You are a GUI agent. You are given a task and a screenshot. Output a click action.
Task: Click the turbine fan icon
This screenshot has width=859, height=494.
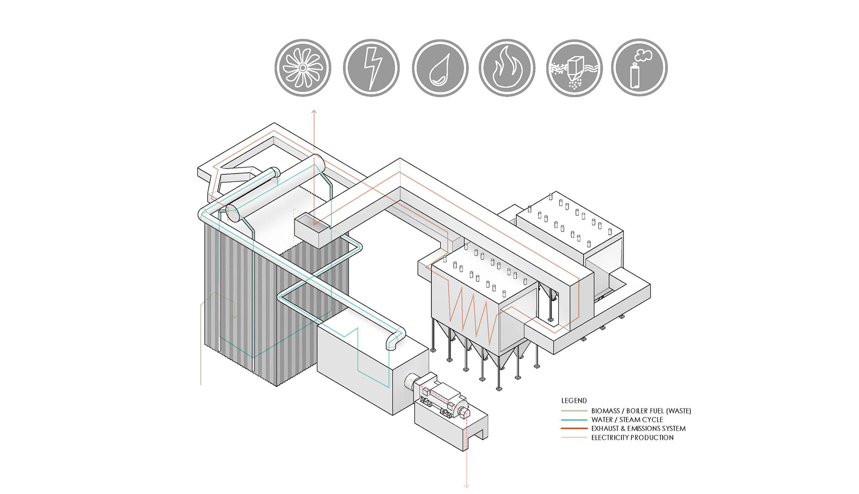coord(303,68)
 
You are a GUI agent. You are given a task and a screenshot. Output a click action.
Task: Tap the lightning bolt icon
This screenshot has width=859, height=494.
coord(371,68)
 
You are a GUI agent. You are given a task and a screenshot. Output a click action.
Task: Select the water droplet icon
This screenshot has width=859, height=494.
coord(440,68)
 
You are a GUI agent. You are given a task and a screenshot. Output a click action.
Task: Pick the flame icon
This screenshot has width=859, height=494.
coord(507,68)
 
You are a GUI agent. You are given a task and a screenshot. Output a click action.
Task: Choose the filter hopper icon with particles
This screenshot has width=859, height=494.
coord(574,68)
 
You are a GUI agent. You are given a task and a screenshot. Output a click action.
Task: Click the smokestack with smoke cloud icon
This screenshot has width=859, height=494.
coord(639,68)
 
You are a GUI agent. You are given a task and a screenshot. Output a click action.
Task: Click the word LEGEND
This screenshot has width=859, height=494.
coord(574,401)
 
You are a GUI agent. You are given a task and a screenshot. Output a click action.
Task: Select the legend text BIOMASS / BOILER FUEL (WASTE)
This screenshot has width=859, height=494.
coord(641,411)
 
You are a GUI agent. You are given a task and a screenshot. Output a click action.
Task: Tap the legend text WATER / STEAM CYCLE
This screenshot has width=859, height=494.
coord(627,420)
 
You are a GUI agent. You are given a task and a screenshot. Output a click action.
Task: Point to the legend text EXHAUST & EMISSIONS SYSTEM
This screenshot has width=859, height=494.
coord(638,428)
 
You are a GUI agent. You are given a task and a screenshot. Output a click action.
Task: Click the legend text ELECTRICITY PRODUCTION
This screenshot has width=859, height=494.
coord(632,438)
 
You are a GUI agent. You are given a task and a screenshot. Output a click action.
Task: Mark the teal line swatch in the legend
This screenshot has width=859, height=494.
coord(574,420)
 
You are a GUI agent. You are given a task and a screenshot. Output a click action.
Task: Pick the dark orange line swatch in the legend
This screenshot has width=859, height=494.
coord(574,428)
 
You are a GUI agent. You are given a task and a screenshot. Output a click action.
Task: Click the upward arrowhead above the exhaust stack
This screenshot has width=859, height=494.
coord(314,111)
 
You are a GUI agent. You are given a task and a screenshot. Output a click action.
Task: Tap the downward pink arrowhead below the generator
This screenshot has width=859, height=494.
coord(467,486)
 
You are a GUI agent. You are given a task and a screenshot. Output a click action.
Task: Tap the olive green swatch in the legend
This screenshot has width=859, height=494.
coord(574,411)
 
